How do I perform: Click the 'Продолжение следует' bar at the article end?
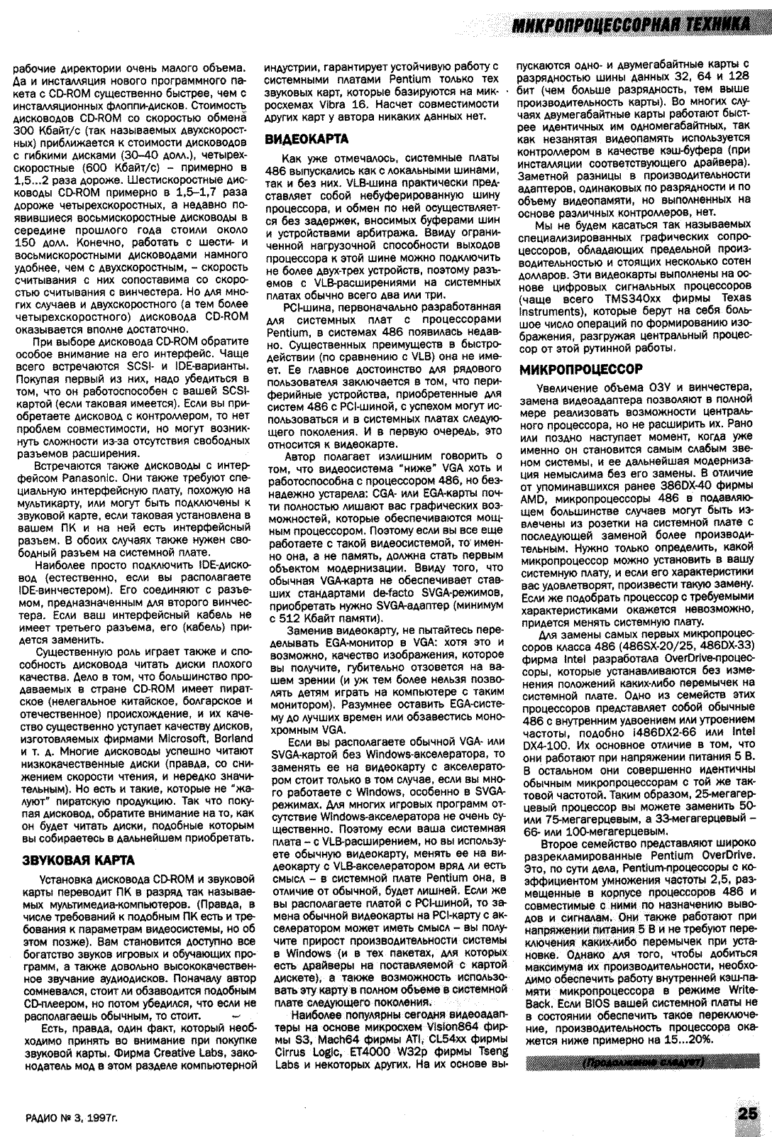(x=642, y=1062)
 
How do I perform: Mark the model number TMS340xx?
(x=644, y=300)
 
